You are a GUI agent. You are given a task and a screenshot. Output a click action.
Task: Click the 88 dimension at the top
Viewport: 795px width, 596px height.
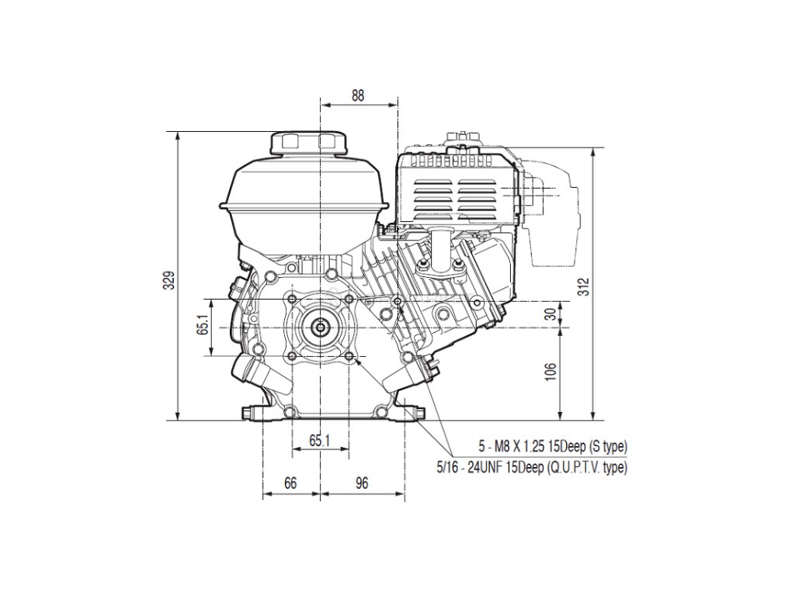point(358,96)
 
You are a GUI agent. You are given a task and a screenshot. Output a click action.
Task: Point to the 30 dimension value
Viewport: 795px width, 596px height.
point(550,314)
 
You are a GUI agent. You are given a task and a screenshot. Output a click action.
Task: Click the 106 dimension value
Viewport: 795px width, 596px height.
point(550,373)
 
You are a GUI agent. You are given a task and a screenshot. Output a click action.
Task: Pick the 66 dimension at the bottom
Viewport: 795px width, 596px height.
point(290,483)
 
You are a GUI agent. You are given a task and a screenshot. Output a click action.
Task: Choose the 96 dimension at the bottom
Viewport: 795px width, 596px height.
point(361,483)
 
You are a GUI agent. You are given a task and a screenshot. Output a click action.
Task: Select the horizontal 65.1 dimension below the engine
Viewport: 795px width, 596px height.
point(320,440)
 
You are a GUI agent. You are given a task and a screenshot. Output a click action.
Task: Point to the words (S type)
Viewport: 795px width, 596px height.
point(606,446)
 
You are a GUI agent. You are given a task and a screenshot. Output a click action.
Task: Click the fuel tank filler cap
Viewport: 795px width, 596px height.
point(307,142)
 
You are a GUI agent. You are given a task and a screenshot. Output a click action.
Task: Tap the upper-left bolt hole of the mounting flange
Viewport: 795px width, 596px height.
point(290,299)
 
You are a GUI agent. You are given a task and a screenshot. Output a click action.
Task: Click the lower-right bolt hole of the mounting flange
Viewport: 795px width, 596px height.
point(349,356)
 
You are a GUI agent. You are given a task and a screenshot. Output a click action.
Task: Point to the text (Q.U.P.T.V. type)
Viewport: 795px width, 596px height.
point(587,467)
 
